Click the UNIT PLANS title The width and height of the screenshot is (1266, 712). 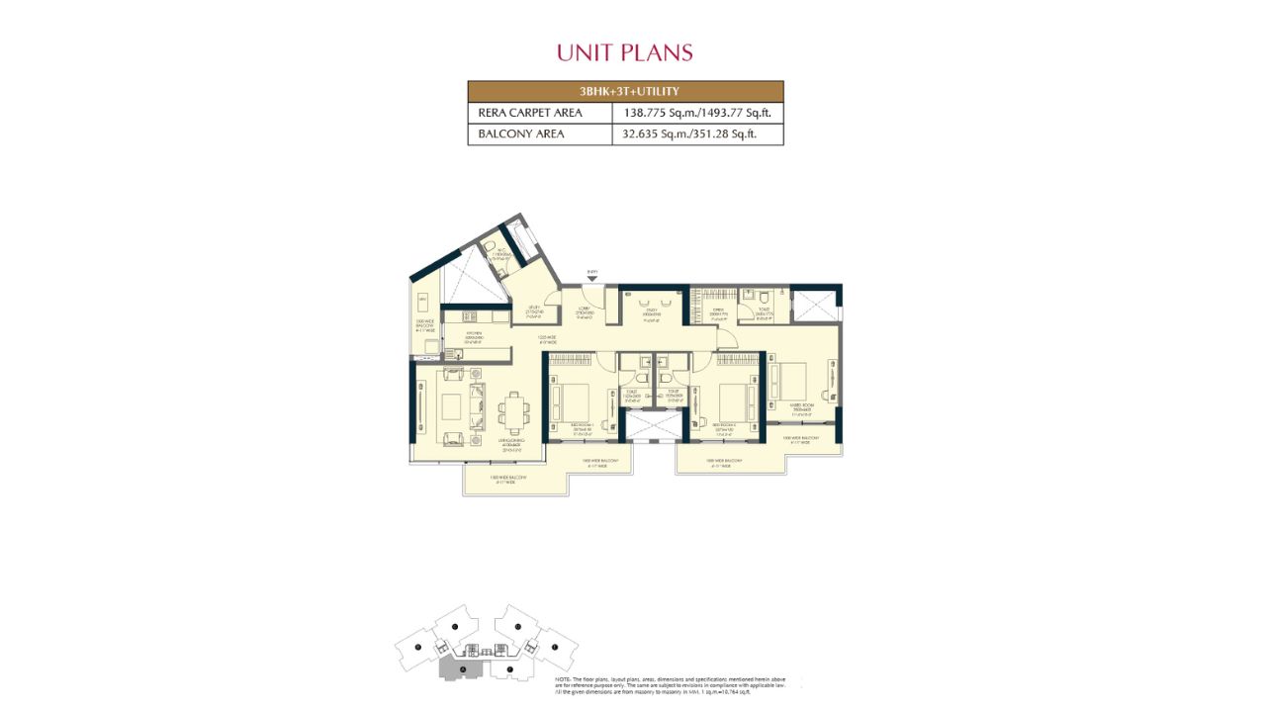tap(624, 52)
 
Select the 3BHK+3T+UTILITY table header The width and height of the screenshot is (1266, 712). tap(625, 92)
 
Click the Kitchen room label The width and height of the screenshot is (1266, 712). tap(474, 335)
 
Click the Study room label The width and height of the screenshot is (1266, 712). tap(652, 312)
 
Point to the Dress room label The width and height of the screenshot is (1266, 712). tap(719, 312)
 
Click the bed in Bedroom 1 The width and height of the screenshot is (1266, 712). tap(573, 400)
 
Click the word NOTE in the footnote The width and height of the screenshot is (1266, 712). tap(563, 679)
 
